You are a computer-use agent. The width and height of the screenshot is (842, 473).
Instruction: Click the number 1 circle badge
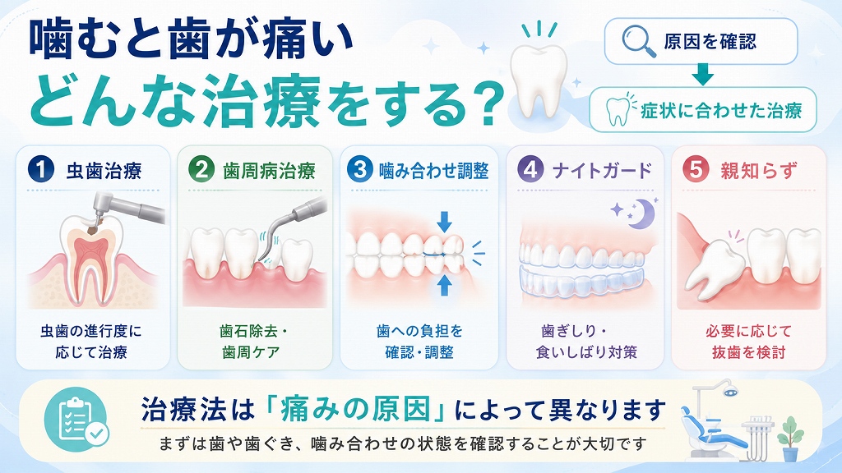(41, 169)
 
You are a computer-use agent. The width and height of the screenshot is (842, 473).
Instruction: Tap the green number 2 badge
(201, 169)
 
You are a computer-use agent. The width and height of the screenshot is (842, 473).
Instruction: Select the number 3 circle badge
(360, 169)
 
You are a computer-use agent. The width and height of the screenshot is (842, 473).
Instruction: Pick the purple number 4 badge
(530, 169)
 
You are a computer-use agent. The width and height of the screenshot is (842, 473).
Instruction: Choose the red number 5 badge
(696, 169)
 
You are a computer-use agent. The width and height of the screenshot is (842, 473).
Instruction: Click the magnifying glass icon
(638, 42)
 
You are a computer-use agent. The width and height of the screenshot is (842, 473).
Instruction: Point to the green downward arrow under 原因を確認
(702, 75)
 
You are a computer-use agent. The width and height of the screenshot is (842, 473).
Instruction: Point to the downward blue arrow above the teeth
(444, 222)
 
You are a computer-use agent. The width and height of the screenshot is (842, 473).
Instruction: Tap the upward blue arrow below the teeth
(444, 284)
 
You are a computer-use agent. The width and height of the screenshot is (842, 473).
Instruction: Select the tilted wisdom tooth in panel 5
(715, 265)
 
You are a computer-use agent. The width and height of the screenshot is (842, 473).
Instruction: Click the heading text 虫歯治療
(104, 171)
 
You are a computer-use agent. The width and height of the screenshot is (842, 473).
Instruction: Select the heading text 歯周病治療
(269, 171)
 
